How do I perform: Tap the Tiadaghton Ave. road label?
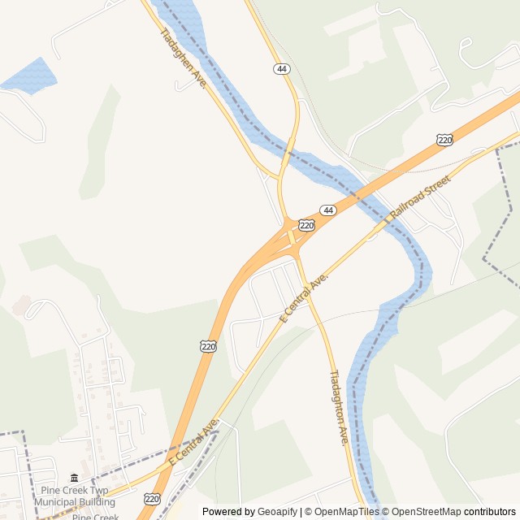coord(339,408)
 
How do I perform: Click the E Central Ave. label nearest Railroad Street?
coord(304,298)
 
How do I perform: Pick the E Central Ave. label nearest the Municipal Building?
coord(193,444)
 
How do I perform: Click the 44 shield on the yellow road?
coord(281,70)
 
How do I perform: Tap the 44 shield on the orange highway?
coord(327,210)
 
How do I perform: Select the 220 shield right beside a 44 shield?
coord(306,225)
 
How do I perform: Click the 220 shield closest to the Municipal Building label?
coord(153,498)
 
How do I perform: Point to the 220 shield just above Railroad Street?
coord(444,140)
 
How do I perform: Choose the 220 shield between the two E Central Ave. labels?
coord(209,346)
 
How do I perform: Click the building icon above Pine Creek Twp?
coord(75,478)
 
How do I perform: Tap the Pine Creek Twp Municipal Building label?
coord(75,496)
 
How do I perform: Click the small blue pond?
coord(29,75)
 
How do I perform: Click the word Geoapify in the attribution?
coord(278,512)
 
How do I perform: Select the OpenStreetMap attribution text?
coord(424,512)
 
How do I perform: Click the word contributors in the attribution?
coord(490,512)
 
